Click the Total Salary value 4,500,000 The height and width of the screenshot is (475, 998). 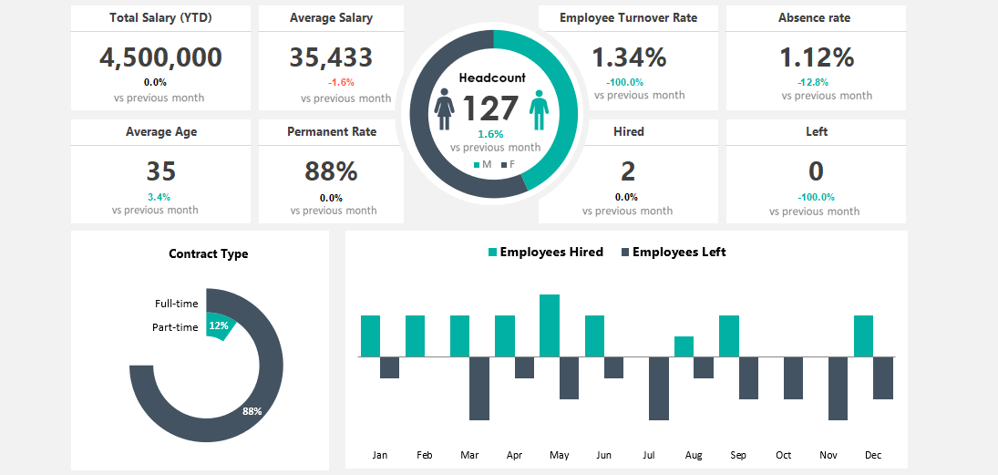(160, 57)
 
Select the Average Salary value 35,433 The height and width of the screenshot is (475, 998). (331, 57)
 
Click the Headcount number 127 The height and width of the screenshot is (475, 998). (490, 109)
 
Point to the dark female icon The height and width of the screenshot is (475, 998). (445, 109)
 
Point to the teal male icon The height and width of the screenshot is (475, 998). (540, 109)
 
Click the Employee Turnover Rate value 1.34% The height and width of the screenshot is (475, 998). (629, 57)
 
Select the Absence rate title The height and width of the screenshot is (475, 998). (815, 18)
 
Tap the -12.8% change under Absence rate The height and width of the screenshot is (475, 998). (815, 82)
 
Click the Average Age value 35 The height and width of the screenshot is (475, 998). (160, 171)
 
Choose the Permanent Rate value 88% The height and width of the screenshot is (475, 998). (331, 171)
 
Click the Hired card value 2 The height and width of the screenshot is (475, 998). (628, 171)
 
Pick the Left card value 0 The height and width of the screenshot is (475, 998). (816, 171)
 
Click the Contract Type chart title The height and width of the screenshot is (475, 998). (209, 254)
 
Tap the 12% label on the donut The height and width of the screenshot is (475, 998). (219, 325)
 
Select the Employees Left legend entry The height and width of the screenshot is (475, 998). (674, 253)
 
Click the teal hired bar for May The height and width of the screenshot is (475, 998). (550, 325)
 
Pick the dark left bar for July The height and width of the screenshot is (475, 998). (658, 387)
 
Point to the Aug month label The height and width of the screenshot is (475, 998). (694, 455)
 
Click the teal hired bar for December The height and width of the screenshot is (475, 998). (863, 336)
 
